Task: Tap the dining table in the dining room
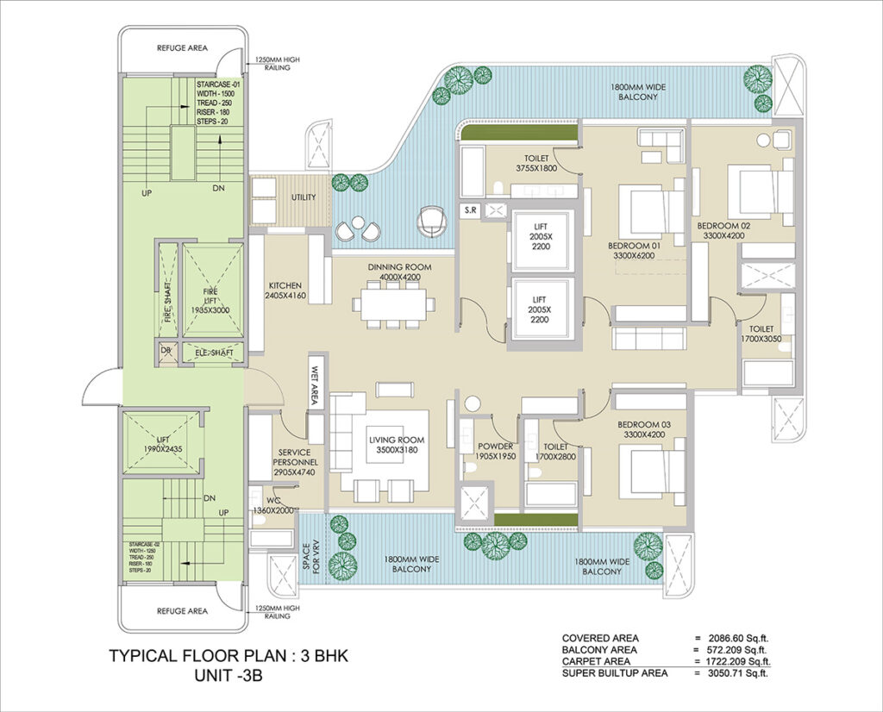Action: click(x=393, y=303)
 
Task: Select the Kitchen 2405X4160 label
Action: click(x=285, y=290)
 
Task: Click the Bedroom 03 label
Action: click(x=645, y=430)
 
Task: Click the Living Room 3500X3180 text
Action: click(x=396, y=445)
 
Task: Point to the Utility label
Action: click(x=304, y=197)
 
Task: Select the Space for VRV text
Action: click(x=314, y=553)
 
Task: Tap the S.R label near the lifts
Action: click(x=470, y=209)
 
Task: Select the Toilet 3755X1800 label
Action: click(x=543, y=164)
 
